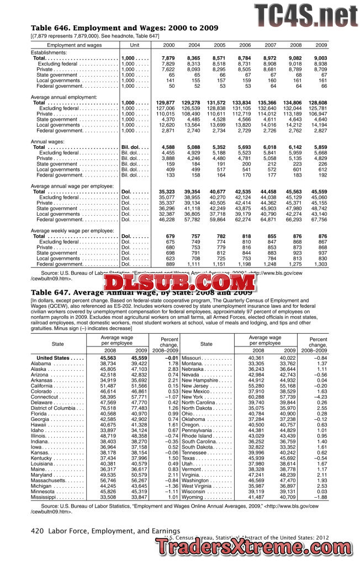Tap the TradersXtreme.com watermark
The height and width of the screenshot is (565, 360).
(x=255, y=547)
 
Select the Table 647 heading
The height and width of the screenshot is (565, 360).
(x=142, y=292)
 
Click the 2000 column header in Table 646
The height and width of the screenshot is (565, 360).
(x=168, y=44)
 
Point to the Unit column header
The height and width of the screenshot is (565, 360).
(x=134, y=44)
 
